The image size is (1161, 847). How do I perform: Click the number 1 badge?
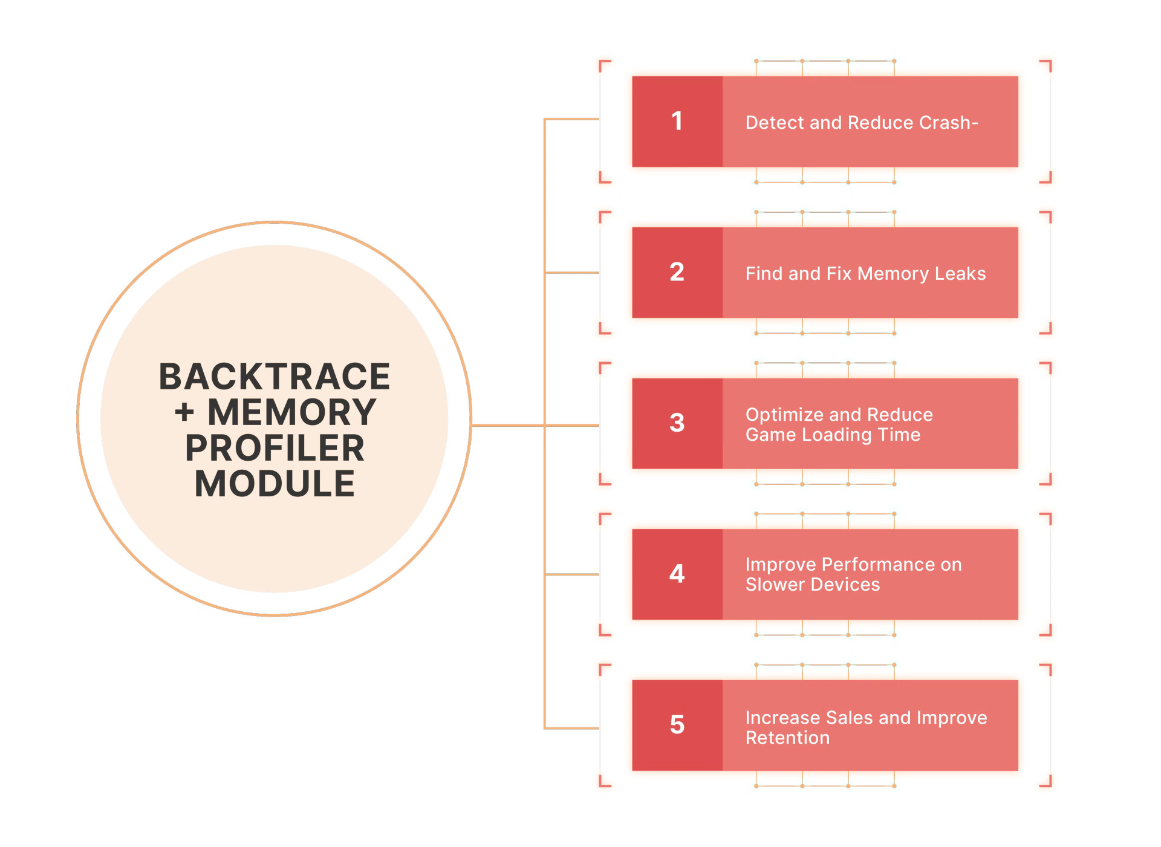[x=677, y=122]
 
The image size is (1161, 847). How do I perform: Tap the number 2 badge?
[x=677, y=272]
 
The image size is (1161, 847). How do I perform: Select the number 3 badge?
[x=677, y=423]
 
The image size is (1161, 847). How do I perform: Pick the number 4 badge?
[x=677, y=574]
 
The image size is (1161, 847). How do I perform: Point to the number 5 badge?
[x=677, y=725]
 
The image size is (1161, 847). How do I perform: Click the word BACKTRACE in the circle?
[x=275, y=377]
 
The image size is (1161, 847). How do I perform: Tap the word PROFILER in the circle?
[x=275, y=448]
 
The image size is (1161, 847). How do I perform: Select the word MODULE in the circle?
[x=275, y=484]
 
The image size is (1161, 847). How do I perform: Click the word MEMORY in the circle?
[x=292, y=412]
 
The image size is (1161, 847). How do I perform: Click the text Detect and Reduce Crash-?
[x=861, y=123]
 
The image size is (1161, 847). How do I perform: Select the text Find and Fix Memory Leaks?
[x=865, y=274]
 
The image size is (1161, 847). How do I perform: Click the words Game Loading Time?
[x=833, y=435]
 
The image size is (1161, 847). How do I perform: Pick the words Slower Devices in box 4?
[x=812, y=585]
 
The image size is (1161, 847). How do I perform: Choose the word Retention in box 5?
[x=787, y=738]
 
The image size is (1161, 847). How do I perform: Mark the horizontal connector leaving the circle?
[x=508, y=426]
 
